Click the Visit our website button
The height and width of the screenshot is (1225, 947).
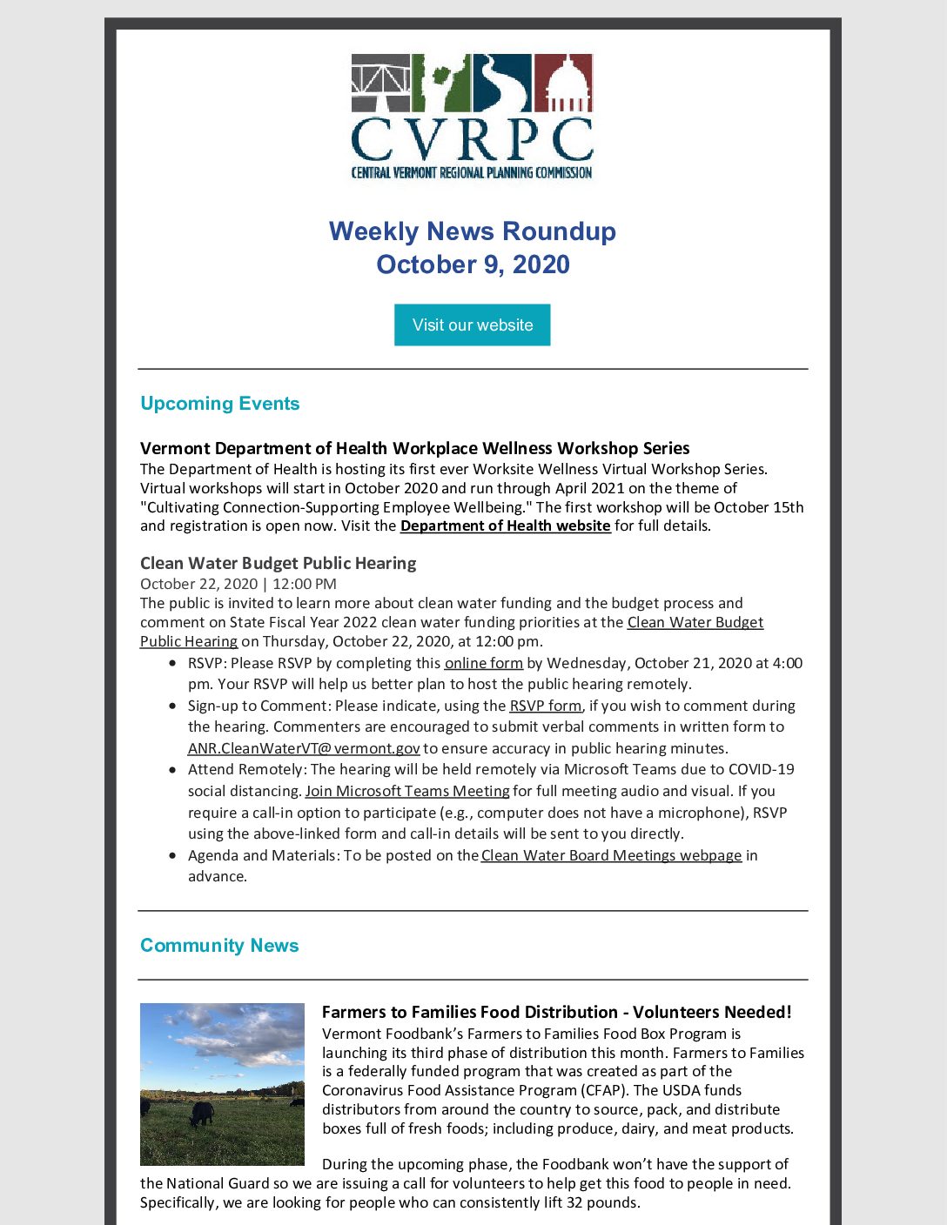click(472, 325)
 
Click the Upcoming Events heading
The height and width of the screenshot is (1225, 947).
click(219, 404)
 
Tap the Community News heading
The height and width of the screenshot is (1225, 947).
click(219, 946)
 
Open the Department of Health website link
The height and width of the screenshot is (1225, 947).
click(505, 525)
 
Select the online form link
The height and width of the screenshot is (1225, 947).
click(483, 663)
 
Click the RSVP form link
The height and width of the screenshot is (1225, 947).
click(545, 706)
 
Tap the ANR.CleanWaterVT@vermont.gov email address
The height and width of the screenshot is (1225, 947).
click(304, 748)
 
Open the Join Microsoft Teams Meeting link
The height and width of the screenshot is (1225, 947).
click(407, 791)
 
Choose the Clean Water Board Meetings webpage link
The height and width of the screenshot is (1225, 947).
click(611, 855)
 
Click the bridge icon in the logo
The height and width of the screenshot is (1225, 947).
click(380, 84)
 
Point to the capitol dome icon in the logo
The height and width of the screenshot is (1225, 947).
click(563, 84)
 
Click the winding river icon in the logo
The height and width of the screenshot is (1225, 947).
click(503, 84)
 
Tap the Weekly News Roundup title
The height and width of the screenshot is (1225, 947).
click(472, 231)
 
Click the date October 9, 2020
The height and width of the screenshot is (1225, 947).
click(472, 264)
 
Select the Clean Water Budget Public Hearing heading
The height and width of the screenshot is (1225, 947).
click(278, 563)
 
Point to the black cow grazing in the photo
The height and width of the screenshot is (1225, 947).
click(202, 1113)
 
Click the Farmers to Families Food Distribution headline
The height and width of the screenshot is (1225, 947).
click(556, 1012)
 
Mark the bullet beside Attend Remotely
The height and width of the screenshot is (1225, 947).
click(173, 770)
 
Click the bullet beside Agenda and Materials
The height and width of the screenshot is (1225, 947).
click(173, 856)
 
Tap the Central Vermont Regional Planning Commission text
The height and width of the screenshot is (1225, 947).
click(472, 172)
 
